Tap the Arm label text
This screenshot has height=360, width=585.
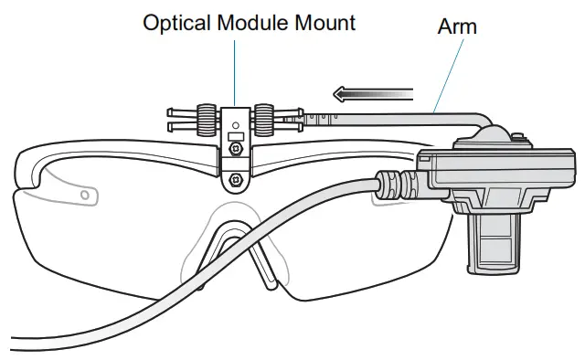pyautogui.click(x=457, y=26)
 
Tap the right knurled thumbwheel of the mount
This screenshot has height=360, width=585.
pyautogui.click(x=264, y=117)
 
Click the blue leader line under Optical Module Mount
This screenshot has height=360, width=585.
pyautogui.click(x=235, y=69)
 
